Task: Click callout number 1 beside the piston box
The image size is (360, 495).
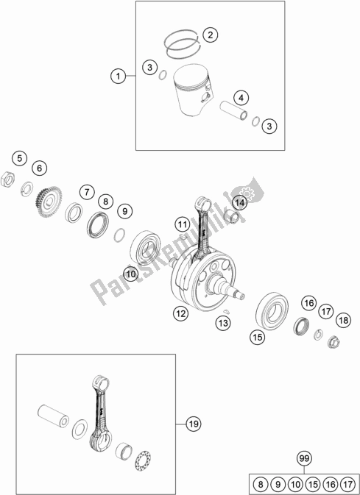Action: (119, 76)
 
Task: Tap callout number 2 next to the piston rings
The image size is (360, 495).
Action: (211, 35)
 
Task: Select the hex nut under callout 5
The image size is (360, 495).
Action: (8, 179)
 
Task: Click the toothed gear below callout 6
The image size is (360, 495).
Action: (49, 201)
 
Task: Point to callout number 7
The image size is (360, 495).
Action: (87, 192)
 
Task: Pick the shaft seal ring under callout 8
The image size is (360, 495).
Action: (98, 225)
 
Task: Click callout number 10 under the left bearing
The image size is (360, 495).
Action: (131, 274)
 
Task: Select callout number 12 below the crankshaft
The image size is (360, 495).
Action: (181, 313)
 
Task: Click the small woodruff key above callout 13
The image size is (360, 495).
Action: (226, 311)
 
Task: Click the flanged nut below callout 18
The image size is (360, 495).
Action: (333, 341)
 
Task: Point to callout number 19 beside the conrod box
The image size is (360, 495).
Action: (194, 424)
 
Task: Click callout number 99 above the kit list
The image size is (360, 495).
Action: (304, 458)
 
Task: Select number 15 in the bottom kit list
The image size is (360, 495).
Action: (313, 484)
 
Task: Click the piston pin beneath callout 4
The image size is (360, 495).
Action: (233, 110)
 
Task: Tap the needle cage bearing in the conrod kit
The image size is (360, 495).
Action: (143, 460)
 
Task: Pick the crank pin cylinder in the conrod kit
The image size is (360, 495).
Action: (54, 416)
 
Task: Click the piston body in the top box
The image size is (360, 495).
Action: (192, 89)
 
